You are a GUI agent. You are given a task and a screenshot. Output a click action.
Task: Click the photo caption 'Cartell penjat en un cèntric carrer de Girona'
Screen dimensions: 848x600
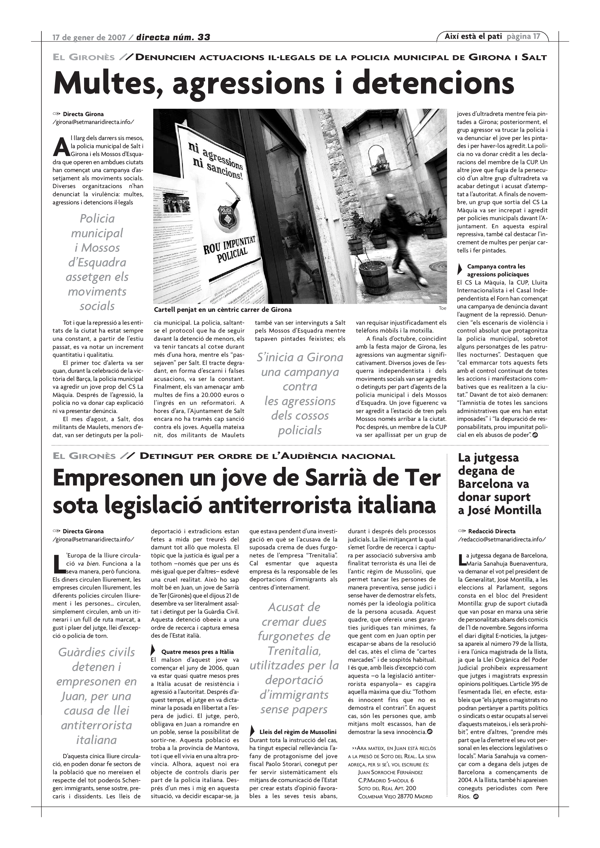[222, 309]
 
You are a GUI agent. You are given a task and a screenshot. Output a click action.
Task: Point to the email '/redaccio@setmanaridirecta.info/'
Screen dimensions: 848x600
[501, 539]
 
